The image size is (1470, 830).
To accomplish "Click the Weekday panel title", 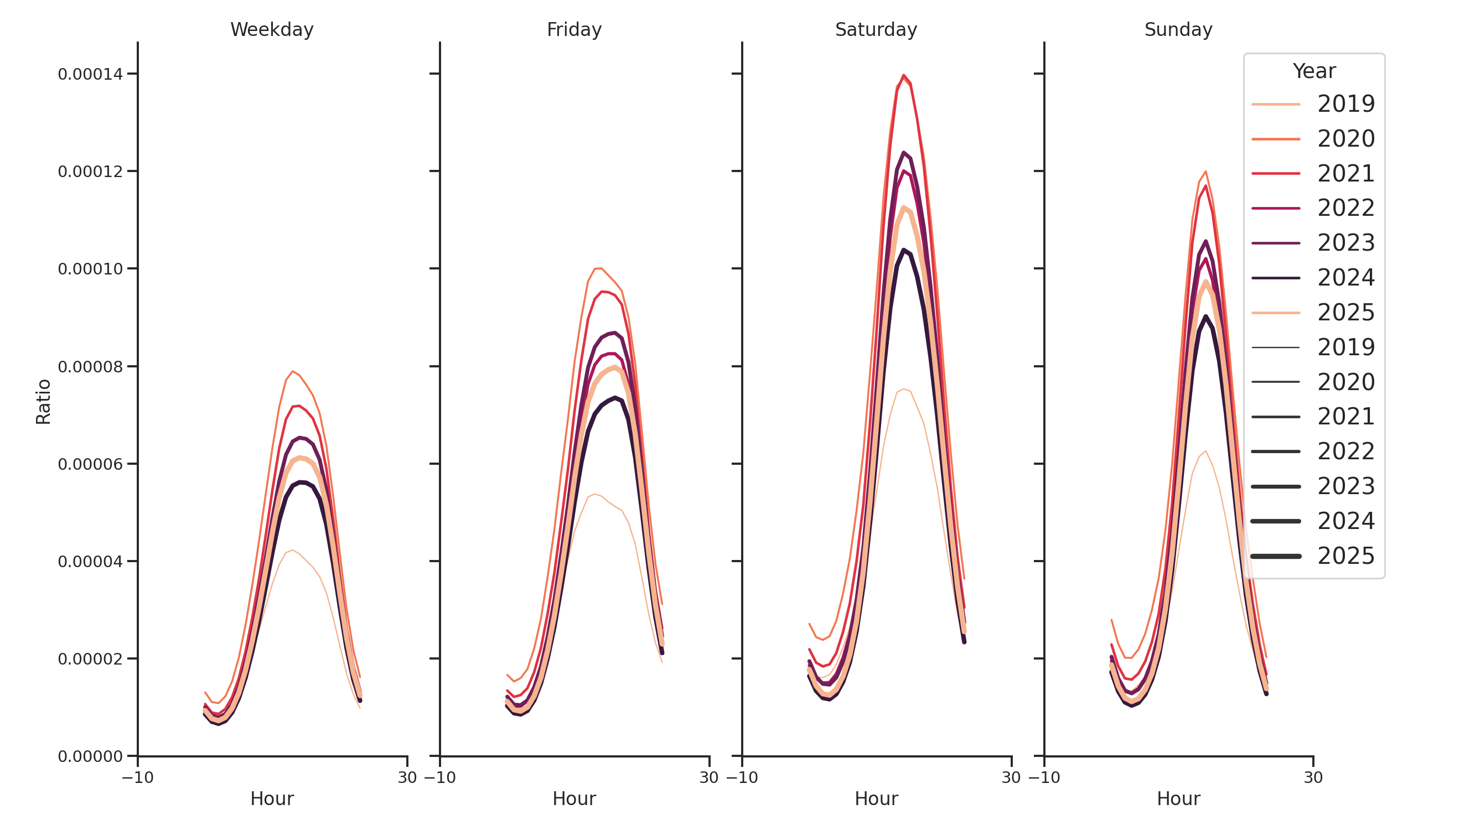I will click(272, 30).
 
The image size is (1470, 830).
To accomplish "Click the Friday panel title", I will click(573, 30).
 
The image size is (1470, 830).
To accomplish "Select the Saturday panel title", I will click(876, 30).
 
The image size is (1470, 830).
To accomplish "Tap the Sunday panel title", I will click(1178, 30).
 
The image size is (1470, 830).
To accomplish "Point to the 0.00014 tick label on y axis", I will click(90, 74).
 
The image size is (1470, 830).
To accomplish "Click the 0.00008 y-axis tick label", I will click(90, 367).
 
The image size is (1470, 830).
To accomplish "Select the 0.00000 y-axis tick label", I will click(90, 756).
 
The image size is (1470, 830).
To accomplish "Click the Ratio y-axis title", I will click(43, 402).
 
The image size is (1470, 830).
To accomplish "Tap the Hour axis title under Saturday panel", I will click(876, 798).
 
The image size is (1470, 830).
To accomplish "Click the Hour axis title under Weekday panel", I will click(272, 798).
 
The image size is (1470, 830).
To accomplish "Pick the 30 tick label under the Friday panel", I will click(709, 777).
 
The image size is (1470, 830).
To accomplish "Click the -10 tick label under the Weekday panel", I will click(137, 777).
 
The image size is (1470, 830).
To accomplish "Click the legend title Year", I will click(1313, 71).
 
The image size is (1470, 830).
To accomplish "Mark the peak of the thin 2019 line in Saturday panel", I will click(903, 389).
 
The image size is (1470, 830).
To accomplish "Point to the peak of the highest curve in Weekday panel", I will click(293, 371).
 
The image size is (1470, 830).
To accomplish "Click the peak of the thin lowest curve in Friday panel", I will click(594, 494).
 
